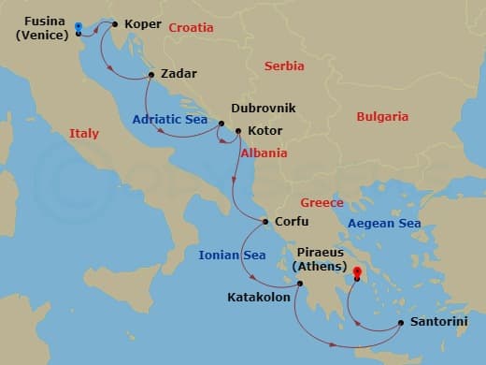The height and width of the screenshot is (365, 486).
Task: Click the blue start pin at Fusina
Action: click(x=78, y=28)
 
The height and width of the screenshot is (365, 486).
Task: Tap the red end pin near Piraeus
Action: click(x=356, y=272)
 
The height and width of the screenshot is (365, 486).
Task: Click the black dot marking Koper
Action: click(x=114, y=25)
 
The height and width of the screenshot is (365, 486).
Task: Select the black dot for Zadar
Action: click(x=150, y=74)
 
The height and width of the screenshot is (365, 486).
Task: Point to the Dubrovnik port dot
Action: click(x=222, y=123)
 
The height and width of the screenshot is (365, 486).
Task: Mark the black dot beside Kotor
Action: click(x=238, y=131)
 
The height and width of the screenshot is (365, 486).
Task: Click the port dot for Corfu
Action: click(x=265, y=222)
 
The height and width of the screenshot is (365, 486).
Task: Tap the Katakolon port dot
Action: click(x=297, y=284)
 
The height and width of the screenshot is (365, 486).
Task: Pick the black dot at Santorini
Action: click(x=401, y=323)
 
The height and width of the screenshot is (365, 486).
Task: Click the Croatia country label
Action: click(x=191, y=28)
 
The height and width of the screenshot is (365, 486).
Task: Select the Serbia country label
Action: click(x=284, y=66)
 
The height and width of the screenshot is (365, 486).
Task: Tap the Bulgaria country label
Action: click(x=382, y=117)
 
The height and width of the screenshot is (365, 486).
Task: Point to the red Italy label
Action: click(x=84, y=135)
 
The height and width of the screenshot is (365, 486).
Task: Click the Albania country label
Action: click(x=264, y=153)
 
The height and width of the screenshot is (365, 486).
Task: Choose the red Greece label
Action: click(x=322, y=203)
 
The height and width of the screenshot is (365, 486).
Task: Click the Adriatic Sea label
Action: click(x=170, y=120)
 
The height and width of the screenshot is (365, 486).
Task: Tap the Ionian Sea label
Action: click(x=232, y=255)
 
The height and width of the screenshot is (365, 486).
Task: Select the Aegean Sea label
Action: click(x=384, y=224)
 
